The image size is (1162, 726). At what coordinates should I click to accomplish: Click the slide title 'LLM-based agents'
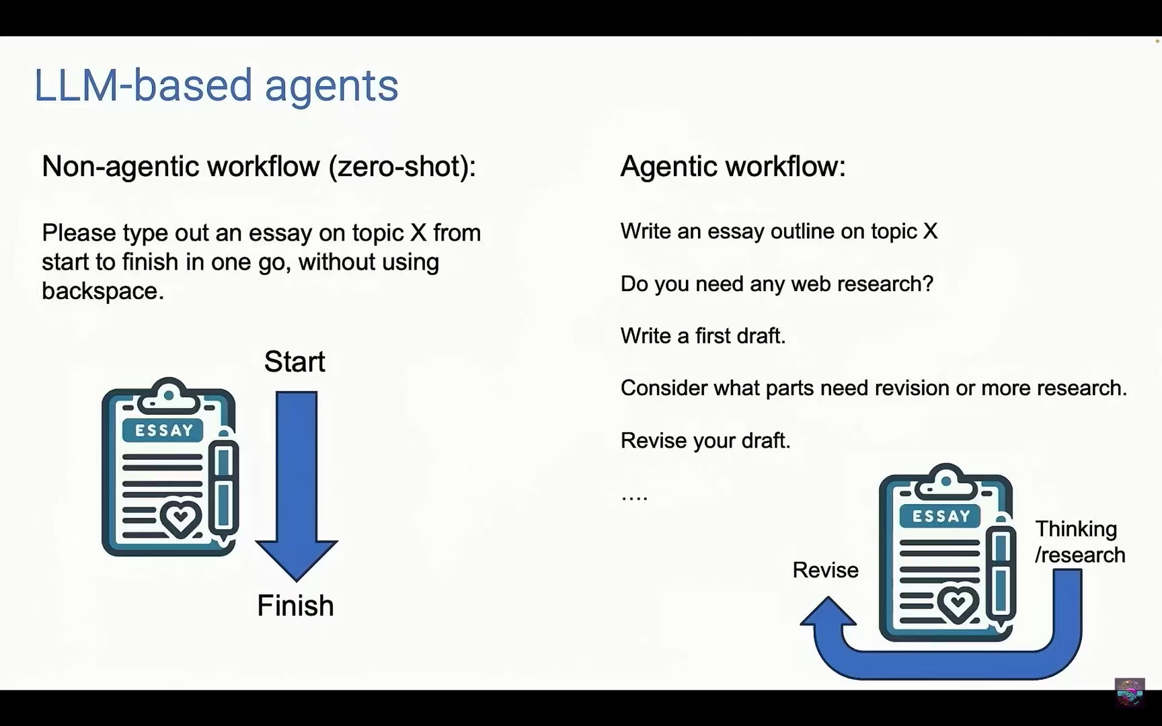point(216,85)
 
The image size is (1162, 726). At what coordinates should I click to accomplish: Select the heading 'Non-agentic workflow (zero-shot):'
point(259,166)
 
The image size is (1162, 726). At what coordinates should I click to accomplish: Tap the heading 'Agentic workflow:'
point(733,166)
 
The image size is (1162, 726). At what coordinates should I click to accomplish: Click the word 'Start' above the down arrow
point(295,362)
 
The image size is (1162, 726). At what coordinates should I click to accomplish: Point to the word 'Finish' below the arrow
point(295,606)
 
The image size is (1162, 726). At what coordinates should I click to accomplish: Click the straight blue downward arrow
point(297,486)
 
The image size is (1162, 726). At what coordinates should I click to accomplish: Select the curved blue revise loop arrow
point(941,662)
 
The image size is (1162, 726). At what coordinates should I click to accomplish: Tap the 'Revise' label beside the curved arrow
point(825,570)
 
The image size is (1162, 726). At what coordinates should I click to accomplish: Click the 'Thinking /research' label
point(1080,542)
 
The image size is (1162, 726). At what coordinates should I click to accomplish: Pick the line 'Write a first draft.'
point(703,335)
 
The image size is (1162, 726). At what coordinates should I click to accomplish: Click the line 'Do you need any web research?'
point(777,284)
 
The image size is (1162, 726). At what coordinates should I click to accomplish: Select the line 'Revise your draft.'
point(705,440)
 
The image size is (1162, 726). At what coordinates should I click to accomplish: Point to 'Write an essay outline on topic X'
point(779,231)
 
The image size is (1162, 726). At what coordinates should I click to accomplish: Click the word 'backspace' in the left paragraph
point(100,290)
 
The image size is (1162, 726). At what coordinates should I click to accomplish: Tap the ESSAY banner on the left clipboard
point(164,430)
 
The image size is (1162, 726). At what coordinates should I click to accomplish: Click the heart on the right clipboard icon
point(958,604)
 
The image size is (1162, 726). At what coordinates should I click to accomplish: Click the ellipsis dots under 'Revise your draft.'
point(634,498)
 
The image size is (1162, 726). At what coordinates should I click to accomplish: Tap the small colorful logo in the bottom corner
point(1130,692)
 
